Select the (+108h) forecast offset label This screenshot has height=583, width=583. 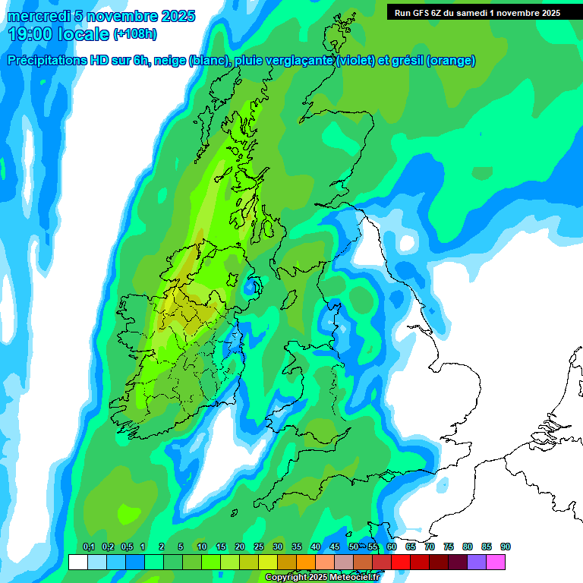(135, 34)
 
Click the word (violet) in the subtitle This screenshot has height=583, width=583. (355, 61)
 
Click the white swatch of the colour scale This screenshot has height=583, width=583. (77, 562)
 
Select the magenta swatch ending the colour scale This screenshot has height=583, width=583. (496, 562)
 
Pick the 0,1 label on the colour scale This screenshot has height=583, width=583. (88, 547)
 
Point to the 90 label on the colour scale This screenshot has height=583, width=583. (505, 547)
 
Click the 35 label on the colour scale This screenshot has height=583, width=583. (297, 547)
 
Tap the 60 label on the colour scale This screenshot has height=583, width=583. (392, 547)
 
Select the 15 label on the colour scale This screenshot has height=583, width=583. (221, 547)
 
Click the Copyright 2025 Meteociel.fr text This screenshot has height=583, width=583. (322, 577)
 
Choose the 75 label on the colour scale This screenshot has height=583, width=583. (449, 547)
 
